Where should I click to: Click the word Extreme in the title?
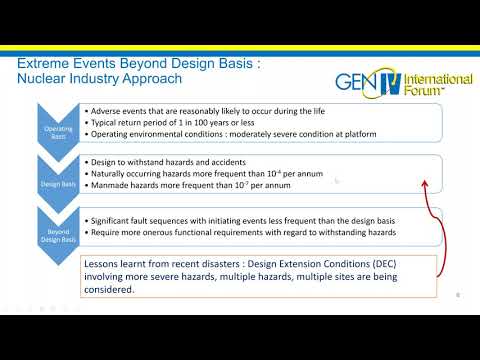point(46,64)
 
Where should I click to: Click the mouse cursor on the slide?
point(337,181)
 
